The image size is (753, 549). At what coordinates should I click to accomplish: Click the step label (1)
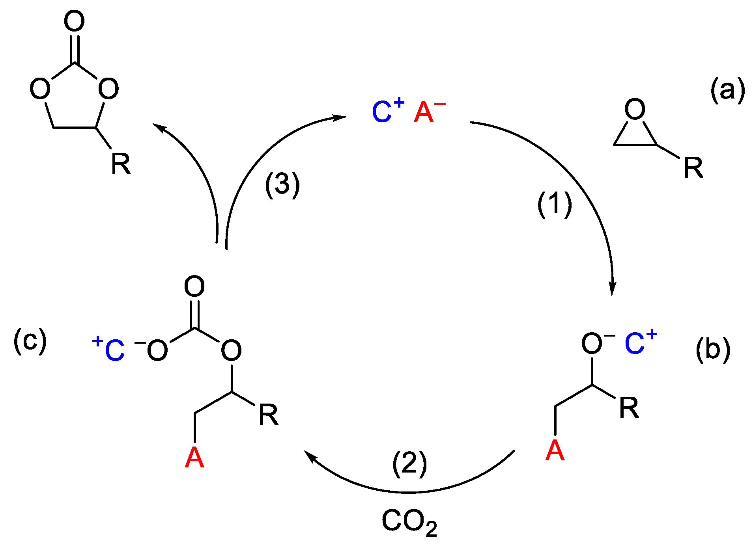click(x=554, y=204)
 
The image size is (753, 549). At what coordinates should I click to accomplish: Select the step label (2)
click(x=409, y=464)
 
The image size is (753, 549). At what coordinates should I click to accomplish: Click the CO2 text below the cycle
click(x=409, y=522)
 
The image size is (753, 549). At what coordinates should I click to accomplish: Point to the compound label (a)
click(x=727, y=90)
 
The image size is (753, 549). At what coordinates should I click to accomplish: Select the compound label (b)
click(x=712, y=350)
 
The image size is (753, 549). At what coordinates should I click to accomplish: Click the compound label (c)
click(x=30, y=341)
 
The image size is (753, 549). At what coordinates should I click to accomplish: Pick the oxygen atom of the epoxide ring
click(x=635, y=109)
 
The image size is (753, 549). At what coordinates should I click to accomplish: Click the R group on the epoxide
click(x=693, y=168)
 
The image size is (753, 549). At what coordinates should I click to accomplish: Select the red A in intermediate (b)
click(x=555, y=450)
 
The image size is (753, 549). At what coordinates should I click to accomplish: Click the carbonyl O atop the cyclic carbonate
click(x=74, y=21)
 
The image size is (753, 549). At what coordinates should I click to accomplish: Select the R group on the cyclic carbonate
click(x=120, y=164)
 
